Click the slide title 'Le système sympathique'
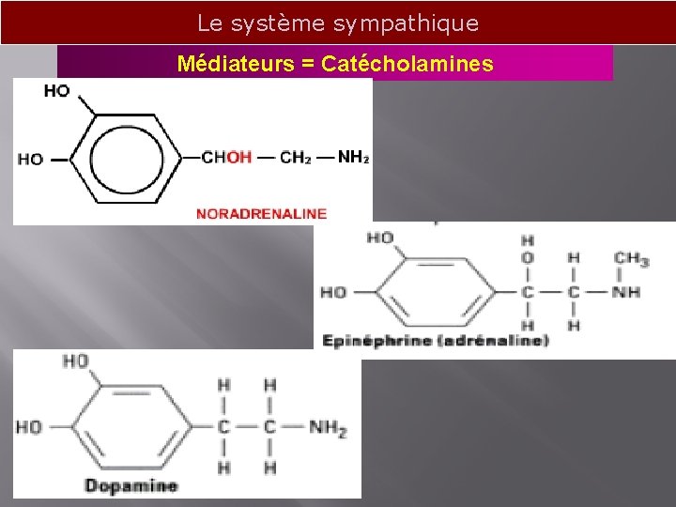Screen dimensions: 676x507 338,23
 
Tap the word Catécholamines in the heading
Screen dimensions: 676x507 407,64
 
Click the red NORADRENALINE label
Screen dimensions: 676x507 261,213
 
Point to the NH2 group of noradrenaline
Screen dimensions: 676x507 352,157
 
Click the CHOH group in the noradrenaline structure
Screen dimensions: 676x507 226,157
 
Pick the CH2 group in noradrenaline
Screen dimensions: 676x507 296,157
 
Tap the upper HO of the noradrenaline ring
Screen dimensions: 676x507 56,91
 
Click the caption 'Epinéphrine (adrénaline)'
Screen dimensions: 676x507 435,340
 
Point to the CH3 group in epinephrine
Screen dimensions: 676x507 631,257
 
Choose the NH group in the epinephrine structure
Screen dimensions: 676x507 626,292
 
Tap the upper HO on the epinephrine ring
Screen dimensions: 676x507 380,238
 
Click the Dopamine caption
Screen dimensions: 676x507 131,485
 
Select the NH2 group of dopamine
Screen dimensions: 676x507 327,428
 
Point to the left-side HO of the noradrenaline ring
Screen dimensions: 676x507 30,159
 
